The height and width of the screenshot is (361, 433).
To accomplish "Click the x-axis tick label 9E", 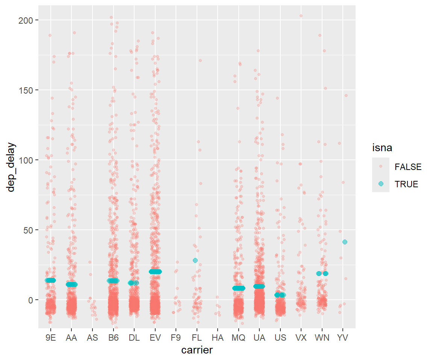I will tap(50, 338).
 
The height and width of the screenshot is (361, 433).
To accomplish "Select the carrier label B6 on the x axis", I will tap(113, 338).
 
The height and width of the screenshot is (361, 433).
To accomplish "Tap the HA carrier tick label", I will tap(217, 338).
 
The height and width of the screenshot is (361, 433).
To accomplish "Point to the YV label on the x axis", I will tap(343, 338).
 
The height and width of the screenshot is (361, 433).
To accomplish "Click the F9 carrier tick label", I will tap(176, 338).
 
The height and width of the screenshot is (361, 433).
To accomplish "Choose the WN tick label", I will tap(322, 338).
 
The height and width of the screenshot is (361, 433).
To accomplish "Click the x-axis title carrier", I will tap(197, 350).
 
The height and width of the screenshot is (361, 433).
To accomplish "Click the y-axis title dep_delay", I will tap(11, 167).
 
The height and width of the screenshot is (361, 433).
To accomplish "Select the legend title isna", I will tap(382, 148).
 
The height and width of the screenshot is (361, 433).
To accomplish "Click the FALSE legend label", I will tap(408, 167).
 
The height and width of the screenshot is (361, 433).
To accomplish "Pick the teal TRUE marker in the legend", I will tap(381, 184).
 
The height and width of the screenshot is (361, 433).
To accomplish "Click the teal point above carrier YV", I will tap(345, 242).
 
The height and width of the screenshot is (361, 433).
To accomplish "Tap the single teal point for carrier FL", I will tap(195, 260).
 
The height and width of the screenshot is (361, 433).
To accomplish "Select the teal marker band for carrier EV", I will tap(155, 272).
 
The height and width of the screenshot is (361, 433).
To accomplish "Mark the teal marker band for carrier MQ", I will tap(239, 288).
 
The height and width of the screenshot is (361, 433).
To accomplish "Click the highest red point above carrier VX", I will tap(301, 16).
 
